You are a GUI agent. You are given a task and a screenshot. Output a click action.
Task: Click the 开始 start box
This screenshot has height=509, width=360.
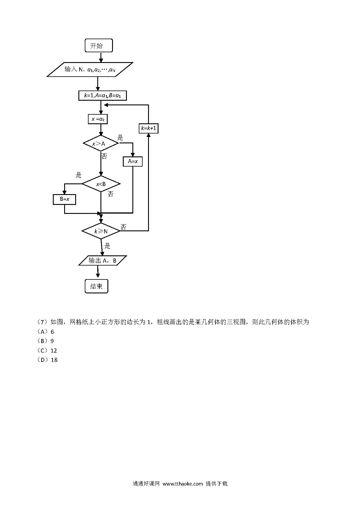tap(99, 46)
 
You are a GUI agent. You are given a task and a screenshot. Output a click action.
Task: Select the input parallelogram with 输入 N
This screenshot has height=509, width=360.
tap(90, 69)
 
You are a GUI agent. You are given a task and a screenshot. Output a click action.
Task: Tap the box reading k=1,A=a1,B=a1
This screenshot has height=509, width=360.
tap(102, 95)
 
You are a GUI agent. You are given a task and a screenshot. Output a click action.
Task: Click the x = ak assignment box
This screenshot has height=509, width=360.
tap(98, 119)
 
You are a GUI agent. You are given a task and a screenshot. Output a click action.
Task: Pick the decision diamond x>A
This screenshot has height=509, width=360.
tap(101, 143)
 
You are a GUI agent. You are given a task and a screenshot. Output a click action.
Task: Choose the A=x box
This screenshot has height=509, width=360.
tap(133, 161)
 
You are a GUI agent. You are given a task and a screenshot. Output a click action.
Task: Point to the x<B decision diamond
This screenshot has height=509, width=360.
tap(101, 184)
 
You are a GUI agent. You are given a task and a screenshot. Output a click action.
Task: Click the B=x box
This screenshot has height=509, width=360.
tap(64, 199)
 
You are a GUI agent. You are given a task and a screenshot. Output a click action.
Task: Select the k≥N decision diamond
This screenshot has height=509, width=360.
tap(101, 231)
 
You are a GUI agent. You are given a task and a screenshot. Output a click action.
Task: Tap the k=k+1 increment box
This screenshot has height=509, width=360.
tap(149, 128)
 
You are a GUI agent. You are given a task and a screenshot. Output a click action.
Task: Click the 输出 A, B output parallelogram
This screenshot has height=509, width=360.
tap(103, 261)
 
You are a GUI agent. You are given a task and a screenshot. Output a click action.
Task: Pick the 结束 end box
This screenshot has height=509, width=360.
tap(96, 286)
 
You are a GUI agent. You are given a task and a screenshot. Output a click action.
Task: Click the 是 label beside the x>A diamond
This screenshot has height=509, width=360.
tap(120, 138)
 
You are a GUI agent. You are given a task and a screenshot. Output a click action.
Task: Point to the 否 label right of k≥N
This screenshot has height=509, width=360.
tap(123, 227)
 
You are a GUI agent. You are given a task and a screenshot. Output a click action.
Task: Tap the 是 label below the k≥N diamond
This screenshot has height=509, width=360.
tap(107, 246)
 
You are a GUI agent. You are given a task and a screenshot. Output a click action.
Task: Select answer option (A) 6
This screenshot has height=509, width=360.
tap(46, 332)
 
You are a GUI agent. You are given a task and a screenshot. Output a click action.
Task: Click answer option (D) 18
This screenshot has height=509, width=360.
tap(47, 360)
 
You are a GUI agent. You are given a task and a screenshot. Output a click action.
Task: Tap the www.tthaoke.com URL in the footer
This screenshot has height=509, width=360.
tap(183, 484)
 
